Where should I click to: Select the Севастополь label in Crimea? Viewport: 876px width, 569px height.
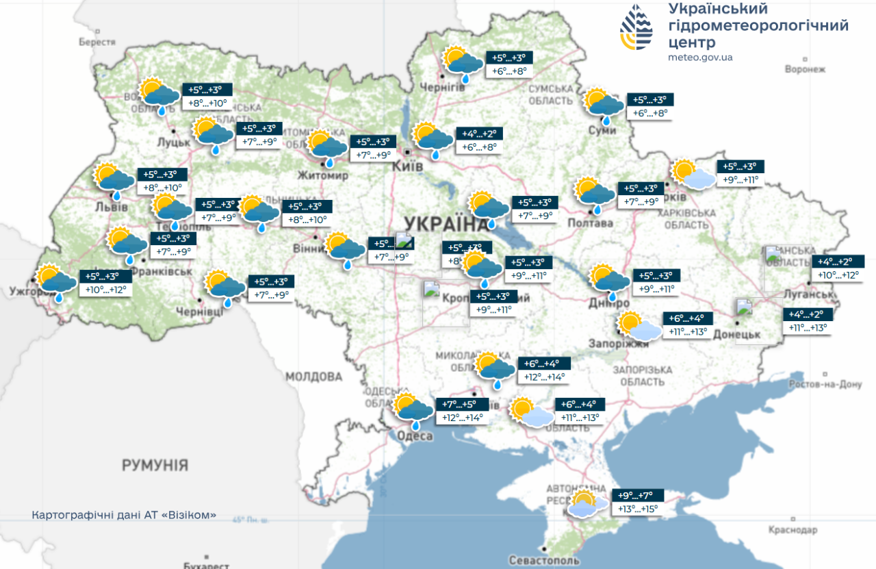[543, 560]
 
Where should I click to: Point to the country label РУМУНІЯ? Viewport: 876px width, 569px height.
[155, 466]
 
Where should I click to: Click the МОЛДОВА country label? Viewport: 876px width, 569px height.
[313, 377]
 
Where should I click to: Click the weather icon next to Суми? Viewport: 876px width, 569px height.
[604, 104]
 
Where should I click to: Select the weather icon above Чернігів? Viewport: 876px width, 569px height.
[463, 64]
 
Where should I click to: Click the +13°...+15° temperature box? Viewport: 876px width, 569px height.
[637, 509]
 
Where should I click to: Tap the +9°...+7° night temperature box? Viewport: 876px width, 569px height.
[636, 496]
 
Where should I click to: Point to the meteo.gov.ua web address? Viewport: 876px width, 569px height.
[699, 58]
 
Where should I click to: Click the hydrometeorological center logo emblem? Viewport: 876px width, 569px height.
[636, 28]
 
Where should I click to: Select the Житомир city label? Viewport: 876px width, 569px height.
[323, 176]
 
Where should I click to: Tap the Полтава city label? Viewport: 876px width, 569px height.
[590, 223]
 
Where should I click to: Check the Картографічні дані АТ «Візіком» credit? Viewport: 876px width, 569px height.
[124, 514]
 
